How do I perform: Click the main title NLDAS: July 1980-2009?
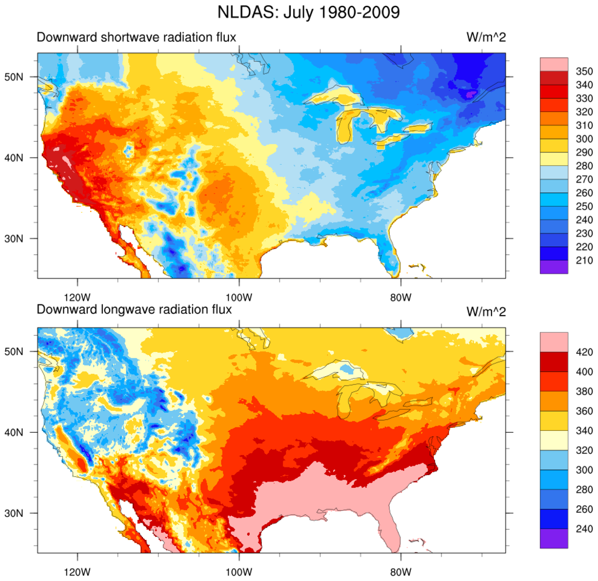click(x=300, y=12)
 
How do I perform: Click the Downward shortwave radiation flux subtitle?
click(x=137, y=38)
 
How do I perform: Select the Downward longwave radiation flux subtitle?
click(x=134, y=310)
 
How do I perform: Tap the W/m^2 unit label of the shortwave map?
click(x=486, y=38)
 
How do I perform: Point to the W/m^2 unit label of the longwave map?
click(x=486, y=310)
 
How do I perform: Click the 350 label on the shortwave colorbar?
click(x=584, y=71)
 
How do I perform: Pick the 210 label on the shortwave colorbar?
click(x=584, y=260)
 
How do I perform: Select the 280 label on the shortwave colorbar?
click(x=584, y=166)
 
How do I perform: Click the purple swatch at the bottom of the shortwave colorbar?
click(x=553, y=267)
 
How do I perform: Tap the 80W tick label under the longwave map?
click(x=400, y=572)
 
